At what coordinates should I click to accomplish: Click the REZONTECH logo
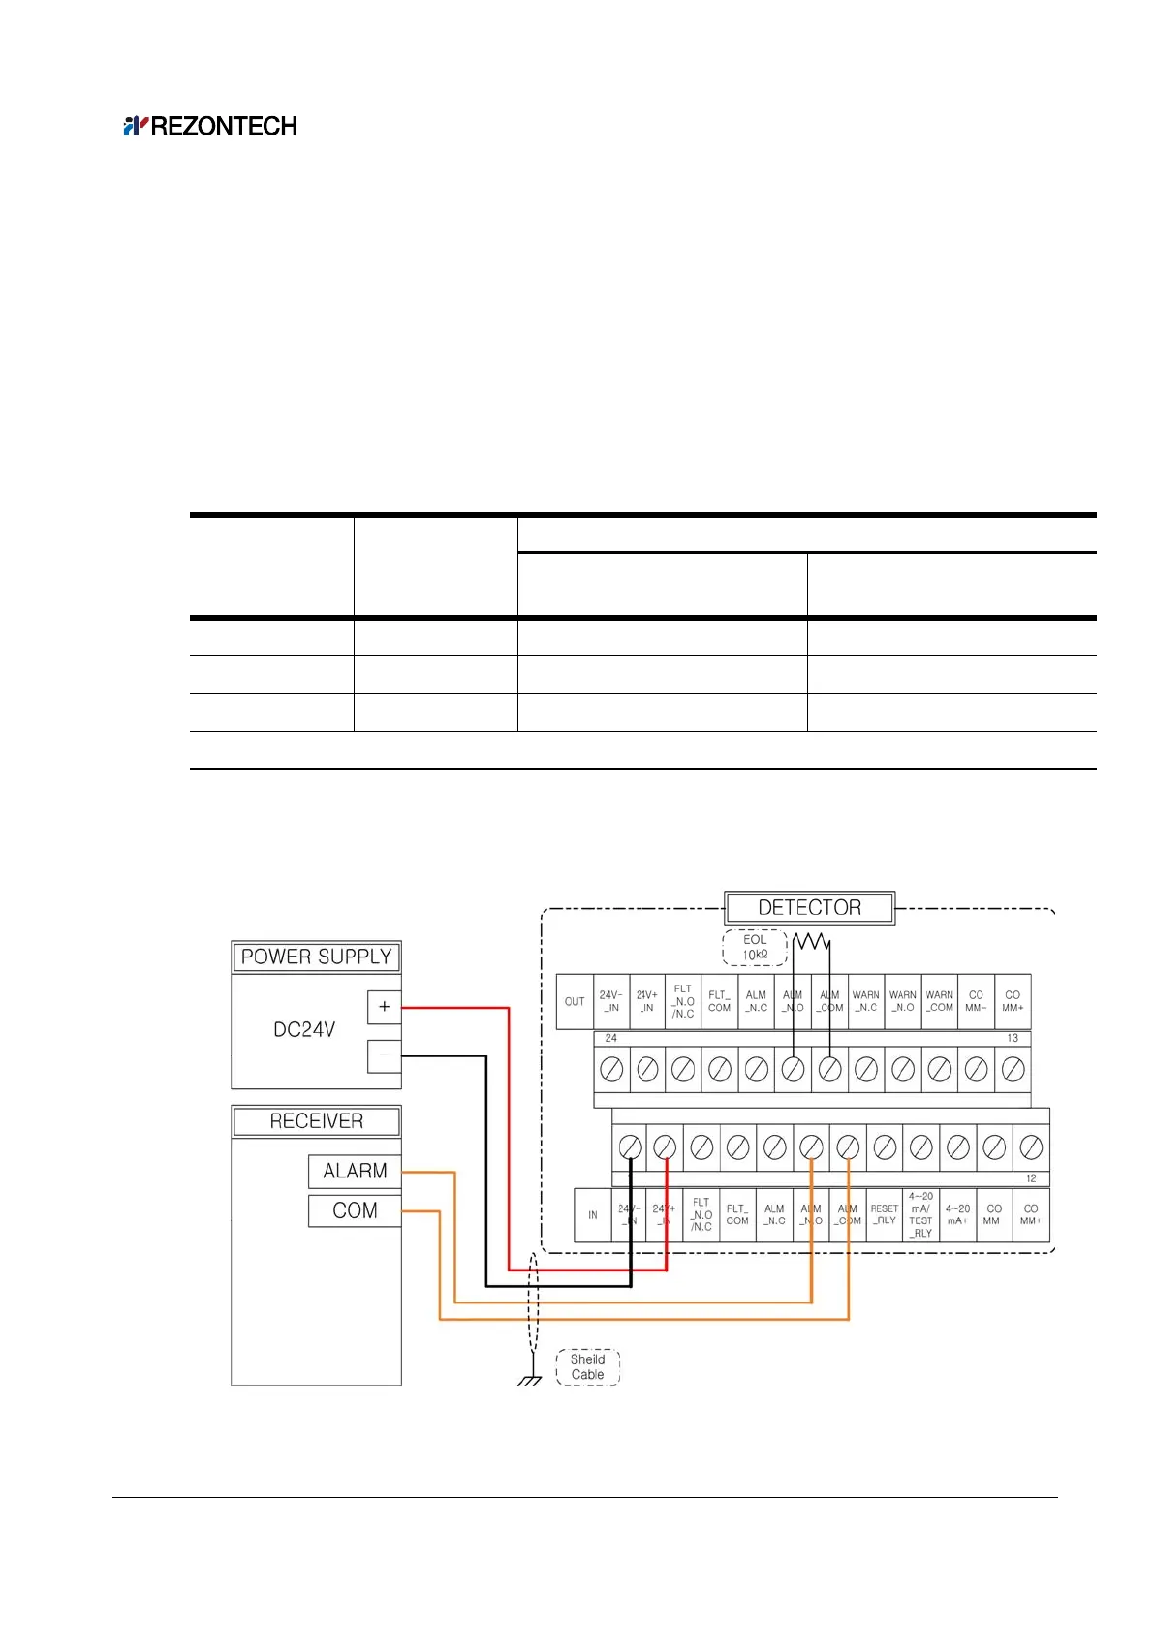210,126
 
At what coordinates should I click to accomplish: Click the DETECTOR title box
809,908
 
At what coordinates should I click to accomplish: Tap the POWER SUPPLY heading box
316,957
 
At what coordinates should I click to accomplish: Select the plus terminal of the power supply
384,1007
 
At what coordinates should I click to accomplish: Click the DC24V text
304,1029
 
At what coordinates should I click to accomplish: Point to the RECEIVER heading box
316,1121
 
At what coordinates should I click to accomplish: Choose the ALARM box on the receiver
355,1171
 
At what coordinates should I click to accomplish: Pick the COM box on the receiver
355,1210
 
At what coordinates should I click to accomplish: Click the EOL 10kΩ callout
755,948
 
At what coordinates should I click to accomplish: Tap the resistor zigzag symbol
812,940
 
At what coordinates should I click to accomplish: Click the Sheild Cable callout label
587,1366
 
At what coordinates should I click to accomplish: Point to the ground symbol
529,1379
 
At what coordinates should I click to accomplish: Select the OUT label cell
575,1001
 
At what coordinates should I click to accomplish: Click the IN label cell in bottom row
593,1215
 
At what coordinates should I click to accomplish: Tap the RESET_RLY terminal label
885,1215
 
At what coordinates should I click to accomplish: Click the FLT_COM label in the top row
719,1001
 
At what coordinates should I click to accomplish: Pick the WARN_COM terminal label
939,1001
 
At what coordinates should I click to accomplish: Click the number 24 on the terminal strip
611,1038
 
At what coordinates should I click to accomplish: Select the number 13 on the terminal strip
1013,1038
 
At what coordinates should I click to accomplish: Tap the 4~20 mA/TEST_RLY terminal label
920,1215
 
